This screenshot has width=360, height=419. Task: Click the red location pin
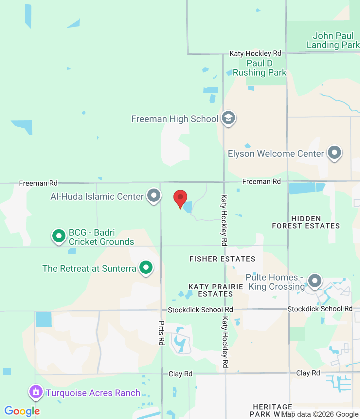(x=180, y=198)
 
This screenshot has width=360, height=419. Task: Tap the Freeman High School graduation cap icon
(x=228, y=118)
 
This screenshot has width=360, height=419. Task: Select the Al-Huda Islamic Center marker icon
(x=154, y=195)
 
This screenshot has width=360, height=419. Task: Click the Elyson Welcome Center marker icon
(x=334, y=153)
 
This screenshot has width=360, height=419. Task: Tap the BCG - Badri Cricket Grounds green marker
(x=59, y=236)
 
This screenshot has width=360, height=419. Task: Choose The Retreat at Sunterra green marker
(x=146, y=267)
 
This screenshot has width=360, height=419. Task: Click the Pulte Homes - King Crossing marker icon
(x=315, y=281)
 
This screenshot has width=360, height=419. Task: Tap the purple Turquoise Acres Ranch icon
(x=36, y=392)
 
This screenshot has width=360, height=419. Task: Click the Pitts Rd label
(x=161, y=333)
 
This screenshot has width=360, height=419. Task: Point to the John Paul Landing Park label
(x=333, y=40)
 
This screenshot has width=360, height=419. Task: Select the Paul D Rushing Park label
(x=260, y=68)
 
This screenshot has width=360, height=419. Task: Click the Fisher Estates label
(x=222, y=259)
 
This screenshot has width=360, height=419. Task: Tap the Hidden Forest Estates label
(x=306, y=222)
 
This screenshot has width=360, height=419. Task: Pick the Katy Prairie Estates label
(x=216, y=290)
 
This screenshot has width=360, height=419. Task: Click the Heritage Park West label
(x=272, y=410)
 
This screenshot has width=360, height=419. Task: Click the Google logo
(x=22, y=411)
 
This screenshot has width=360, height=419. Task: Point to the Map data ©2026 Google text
(x=320, y=414)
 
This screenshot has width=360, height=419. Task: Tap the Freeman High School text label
(x=175, y=119)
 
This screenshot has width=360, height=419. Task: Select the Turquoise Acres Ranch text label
(x=93, y=393)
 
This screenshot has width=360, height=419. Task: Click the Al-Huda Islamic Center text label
(x=97, y=196)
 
